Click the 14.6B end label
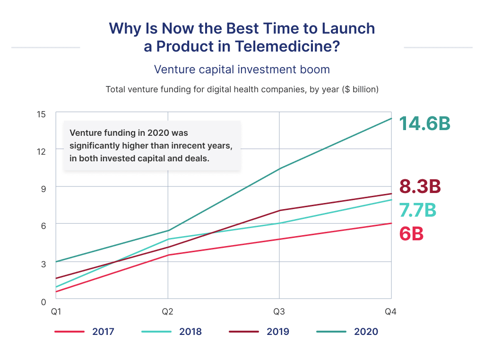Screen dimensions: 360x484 pos(424,123)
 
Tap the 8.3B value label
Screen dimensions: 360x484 pos(420,187)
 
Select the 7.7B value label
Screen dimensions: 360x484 pos(417,210)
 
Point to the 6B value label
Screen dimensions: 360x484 pos(411,234)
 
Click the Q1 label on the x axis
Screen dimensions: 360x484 pos(56,312)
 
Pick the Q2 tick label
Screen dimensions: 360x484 pos(168,312)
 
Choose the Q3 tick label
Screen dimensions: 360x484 pos(279,312)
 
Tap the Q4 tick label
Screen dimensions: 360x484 pos(391,312)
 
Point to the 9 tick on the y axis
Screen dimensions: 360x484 pos(43,189)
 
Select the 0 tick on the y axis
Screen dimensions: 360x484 pos(43,301)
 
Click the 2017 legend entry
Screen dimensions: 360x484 pos(103,332)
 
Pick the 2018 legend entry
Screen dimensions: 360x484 pos(190,332)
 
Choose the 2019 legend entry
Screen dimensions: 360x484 pos(277,332)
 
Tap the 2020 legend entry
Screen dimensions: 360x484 pos(366,332)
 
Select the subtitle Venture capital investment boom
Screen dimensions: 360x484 pos(242,70)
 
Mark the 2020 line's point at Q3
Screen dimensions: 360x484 pos(279,168)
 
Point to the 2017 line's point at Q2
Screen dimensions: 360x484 pos(168,255)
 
